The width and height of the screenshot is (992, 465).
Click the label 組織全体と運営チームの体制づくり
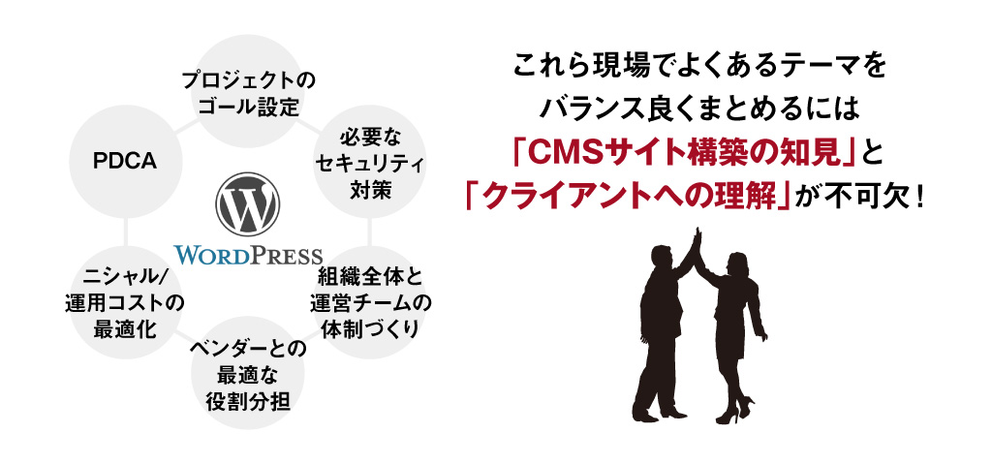pos(370,301)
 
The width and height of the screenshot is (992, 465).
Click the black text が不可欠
pos(858,196)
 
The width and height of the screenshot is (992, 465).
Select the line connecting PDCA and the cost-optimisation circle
pos(126,232)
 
